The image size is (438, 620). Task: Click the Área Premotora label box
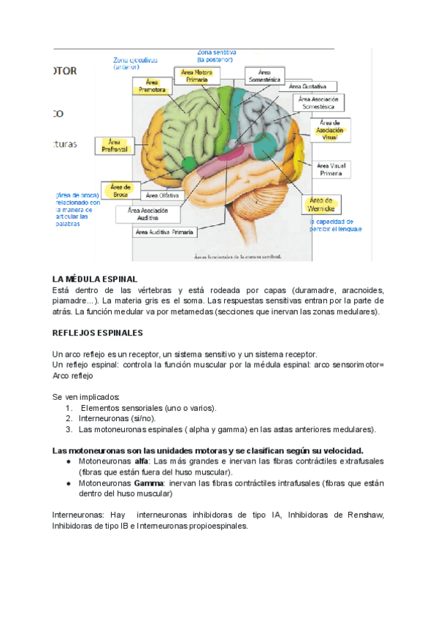(152, 86)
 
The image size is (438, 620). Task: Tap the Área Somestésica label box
(263, 75)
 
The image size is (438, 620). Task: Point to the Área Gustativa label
(315, 86)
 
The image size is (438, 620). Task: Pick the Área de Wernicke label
(321, 204)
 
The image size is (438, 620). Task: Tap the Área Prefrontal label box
(115, 145)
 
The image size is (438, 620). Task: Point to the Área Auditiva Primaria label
(164, 232)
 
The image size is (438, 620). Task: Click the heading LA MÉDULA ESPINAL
(95, 279)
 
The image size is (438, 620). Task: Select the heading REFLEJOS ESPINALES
(98, 332)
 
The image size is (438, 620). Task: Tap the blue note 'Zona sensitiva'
(222, 52)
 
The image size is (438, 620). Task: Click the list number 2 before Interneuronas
(69, 418)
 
